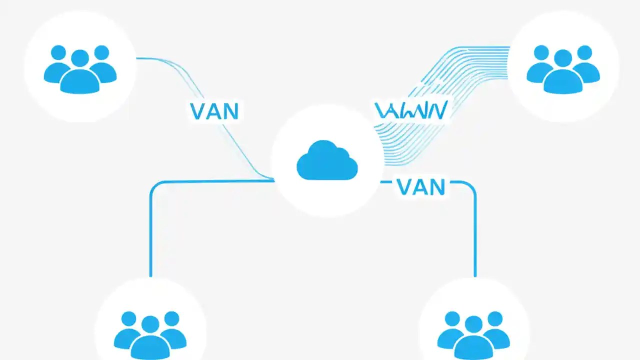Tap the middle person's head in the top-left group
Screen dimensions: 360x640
tap(80, 58)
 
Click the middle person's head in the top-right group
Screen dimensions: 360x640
tap(563, 58)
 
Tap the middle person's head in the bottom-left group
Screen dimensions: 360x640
tap(150, 324)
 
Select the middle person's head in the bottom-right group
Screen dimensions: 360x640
tap(473, 324)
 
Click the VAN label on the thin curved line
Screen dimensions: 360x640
tap(214, 111)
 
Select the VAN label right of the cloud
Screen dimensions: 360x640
tap(420, 186)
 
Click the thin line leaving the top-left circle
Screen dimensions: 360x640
tap(155, 59)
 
